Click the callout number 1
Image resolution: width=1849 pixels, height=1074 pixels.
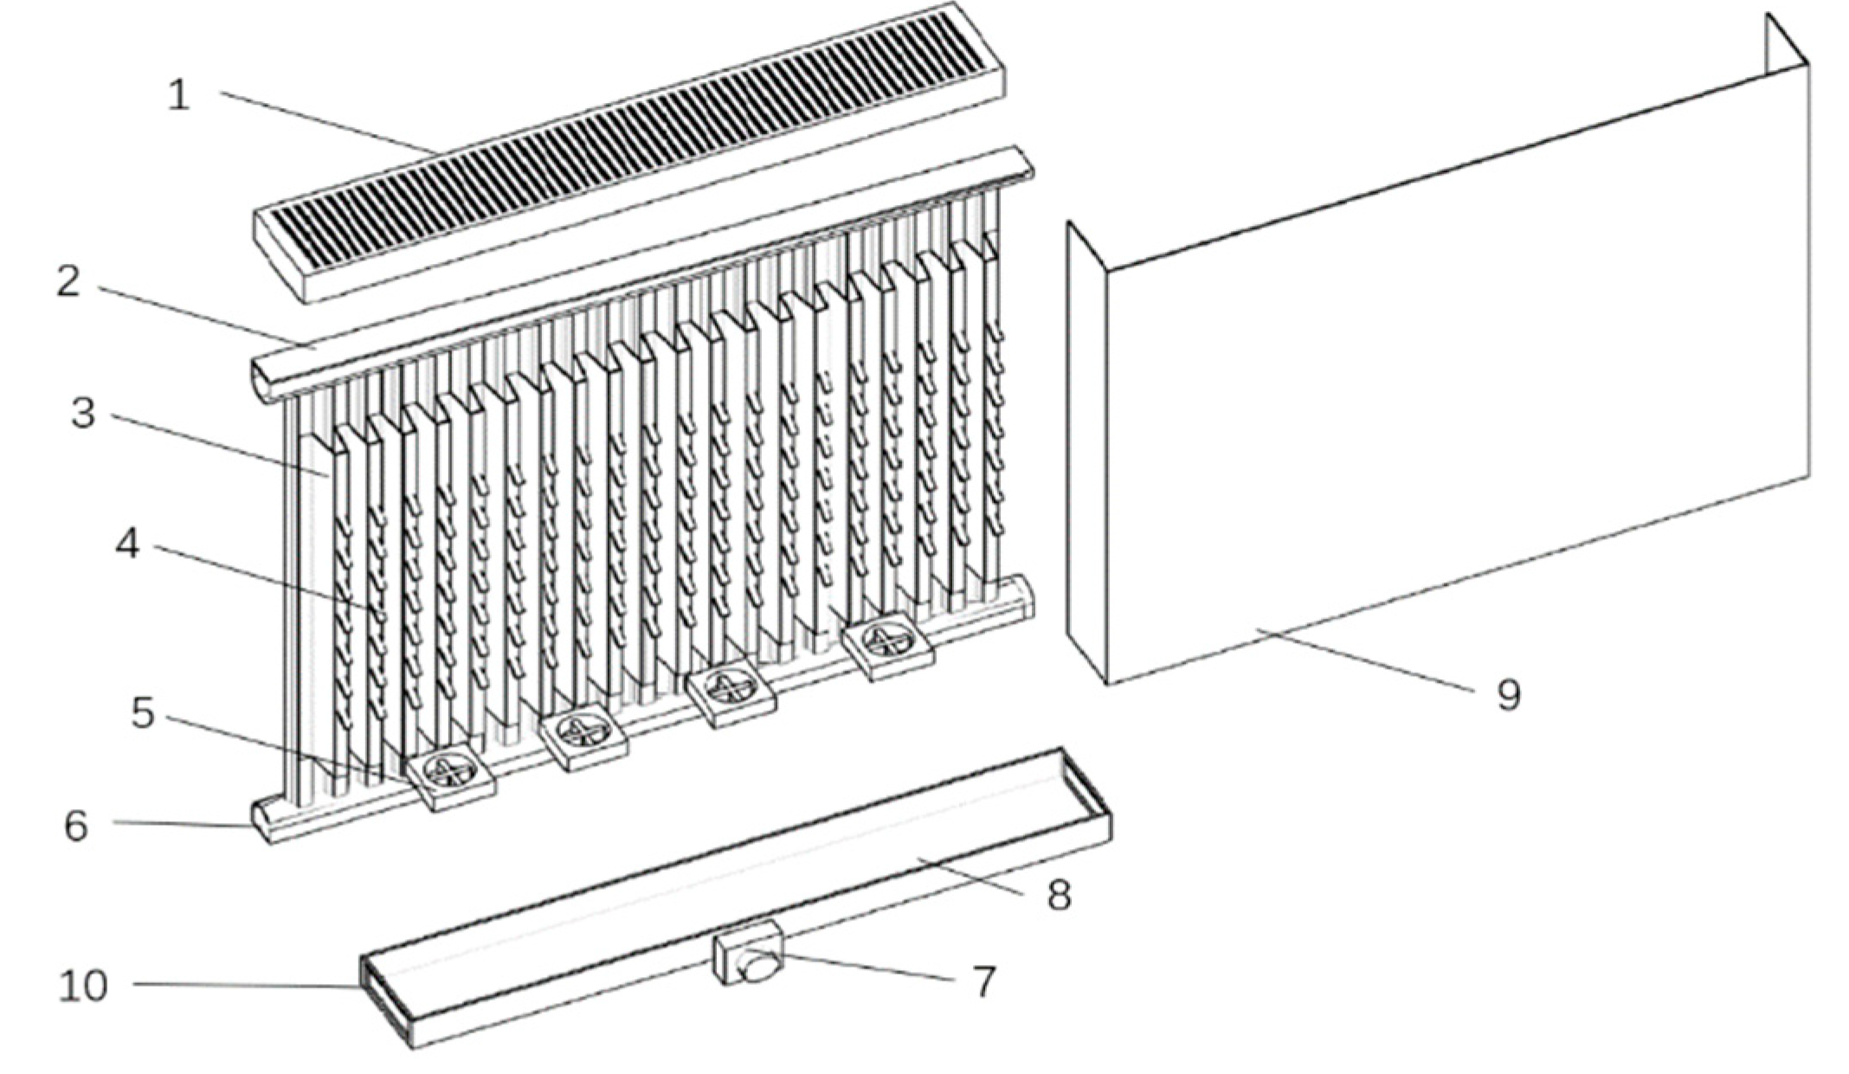pyautogui.click(x=178, y=94)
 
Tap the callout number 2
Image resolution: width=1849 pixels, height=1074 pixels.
pyautogui.click(x=68, y=282)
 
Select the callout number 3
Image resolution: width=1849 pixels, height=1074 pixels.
pyautogui.click(x=83, y=413)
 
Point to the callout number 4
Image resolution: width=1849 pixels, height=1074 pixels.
pyautogui.click(x=127, y=544)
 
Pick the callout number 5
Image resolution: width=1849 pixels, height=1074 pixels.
pyautogui.click(x=143, y=713)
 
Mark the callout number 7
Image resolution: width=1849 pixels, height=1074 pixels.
pyautogui.click(x=984, y=981)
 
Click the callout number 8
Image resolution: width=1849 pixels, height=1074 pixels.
pyautogui.click(x=1060, y=894)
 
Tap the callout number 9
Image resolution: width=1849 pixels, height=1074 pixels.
pyautogui.click(x=1509, y=695)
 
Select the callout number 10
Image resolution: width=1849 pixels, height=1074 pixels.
pyautogui.click(x=83, y=986)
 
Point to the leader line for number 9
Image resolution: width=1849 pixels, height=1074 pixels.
pyautogui.click(x=1364, y=659)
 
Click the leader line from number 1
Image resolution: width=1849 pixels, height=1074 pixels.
pyautogui.click(x=329, y=124)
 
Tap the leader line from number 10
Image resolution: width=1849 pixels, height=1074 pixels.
pyautogui.click(x=247, y=985)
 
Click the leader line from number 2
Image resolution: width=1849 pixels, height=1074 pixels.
pyautogui.click(x=206, y=316)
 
